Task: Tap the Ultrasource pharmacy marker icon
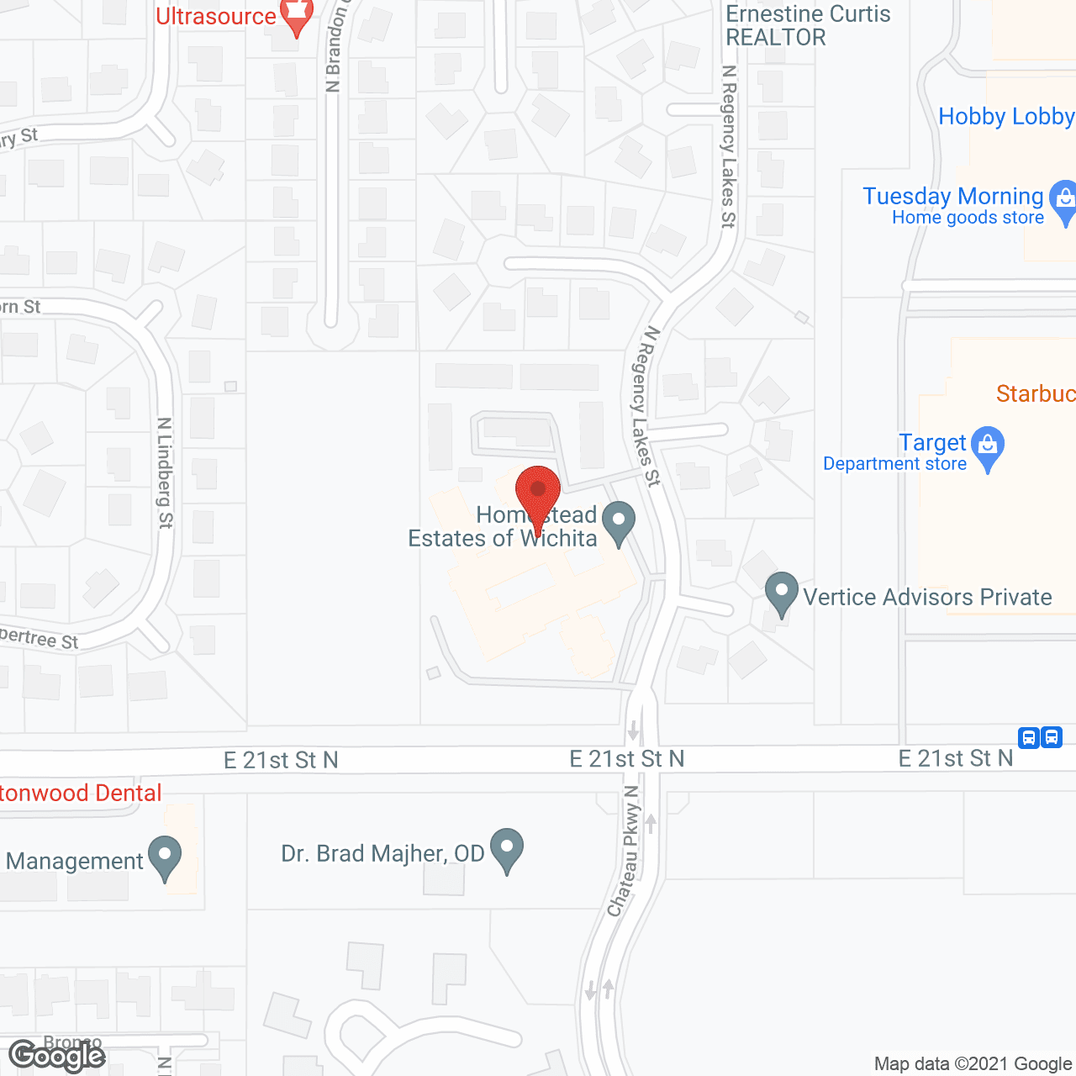[296, 14]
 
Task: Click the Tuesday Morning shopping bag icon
[1064, 200]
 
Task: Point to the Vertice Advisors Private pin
[782, 592]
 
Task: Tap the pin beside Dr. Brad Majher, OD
[507, 848]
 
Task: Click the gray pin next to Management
[165, 856]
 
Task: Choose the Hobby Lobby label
[1006, 116]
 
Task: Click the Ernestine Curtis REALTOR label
[808, 25]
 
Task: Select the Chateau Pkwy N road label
[624, 851]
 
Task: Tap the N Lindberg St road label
[165, 473]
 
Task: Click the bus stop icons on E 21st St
[1040, 738]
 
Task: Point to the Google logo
[56, 1056]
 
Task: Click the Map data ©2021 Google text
[973, 1063]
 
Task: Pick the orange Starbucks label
[1035, 393]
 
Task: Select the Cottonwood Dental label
[81, 793]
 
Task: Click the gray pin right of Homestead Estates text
[619, 521]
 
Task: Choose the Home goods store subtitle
[968, 218]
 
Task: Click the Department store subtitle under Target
[894, 464]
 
